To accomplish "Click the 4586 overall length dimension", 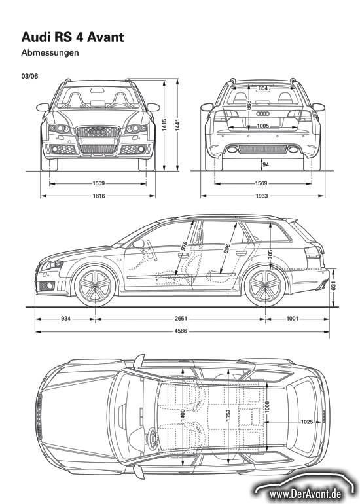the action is (x=181, y=331).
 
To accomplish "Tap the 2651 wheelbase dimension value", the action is (x=181, y=319).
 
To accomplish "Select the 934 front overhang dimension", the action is (x=65, y=319).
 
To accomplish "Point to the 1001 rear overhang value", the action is (x=292, y=319).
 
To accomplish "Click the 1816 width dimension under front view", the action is (x=99, y=196).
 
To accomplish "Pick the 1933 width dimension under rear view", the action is (x=262, y=196).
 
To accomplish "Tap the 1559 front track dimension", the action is (x=99, y=183).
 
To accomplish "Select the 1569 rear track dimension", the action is (x=261, y=183).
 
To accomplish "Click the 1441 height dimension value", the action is (x=177, y=124).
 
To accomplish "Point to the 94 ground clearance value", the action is (x=266, y=164).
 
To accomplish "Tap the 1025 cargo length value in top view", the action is (x=306, y=422).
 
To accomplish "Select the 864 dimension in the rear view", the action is (x=263, y=88).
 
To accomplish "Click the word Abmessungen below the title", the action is (x=50, y=53).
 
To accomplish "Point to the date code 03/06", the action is (x=29, y=76).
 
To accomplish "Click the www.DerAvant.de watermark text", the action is (x=306, y=494).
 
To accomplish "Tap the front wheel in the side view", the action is (x=95, y=286).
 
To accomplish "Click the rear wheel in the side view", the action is (x=265, y=286).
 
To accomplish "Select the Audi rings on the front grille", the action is (x=98, y=132).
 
